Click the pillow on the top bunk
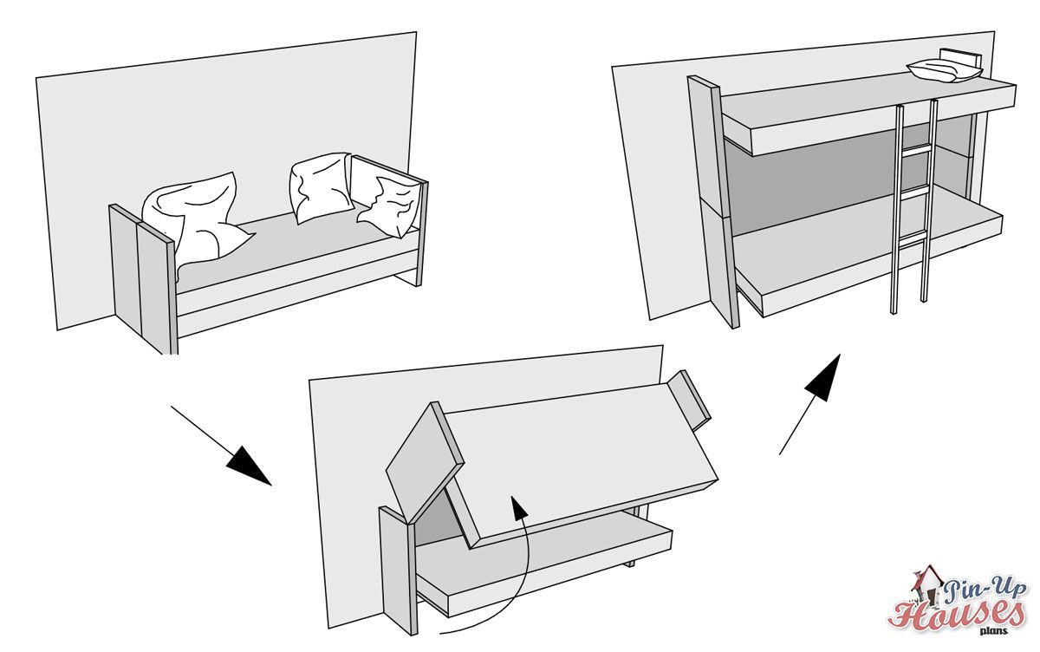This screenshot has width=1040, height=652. [943, 71]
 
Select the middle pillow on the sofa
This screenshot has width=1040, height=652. [318, 186]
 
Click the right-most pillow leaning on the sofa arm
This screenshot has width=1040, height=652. [390, 204]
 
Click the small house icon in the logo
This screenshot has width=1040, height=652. [926, 584]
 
